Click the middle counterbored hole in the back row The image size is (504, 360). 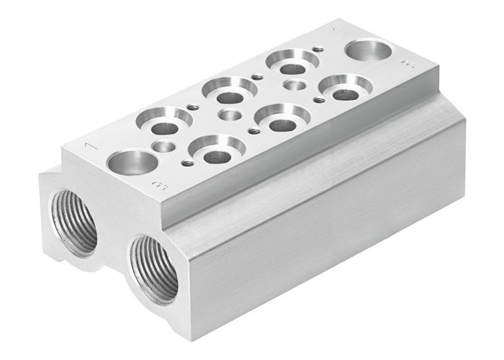point(229,91)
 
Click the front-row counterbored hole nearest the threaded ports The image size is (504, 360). point(213,152)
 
